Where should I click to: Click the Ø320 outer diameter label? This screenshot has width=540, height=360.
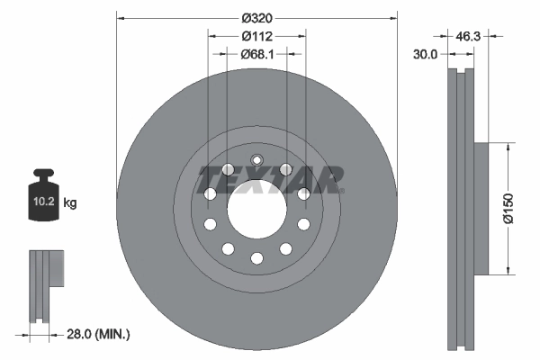(256, 17)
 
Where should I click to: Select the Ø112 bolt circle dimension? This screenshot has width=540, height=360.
(256, 36)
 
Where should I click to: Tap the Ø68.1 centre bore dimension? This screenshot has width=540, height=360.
(256, 54)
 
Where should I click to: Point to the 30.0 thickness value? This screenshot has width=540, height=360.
(426, 54)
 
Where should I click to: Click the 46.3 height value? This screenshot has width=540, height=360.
(469, 37)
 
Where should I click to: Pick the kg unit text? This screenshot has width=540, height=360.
(70, 203)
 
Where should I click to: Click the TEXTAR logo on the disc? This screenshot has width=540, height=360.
(271, 180)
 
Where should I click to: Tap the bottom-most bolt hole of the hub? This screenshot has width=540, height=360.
(256, 258)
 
